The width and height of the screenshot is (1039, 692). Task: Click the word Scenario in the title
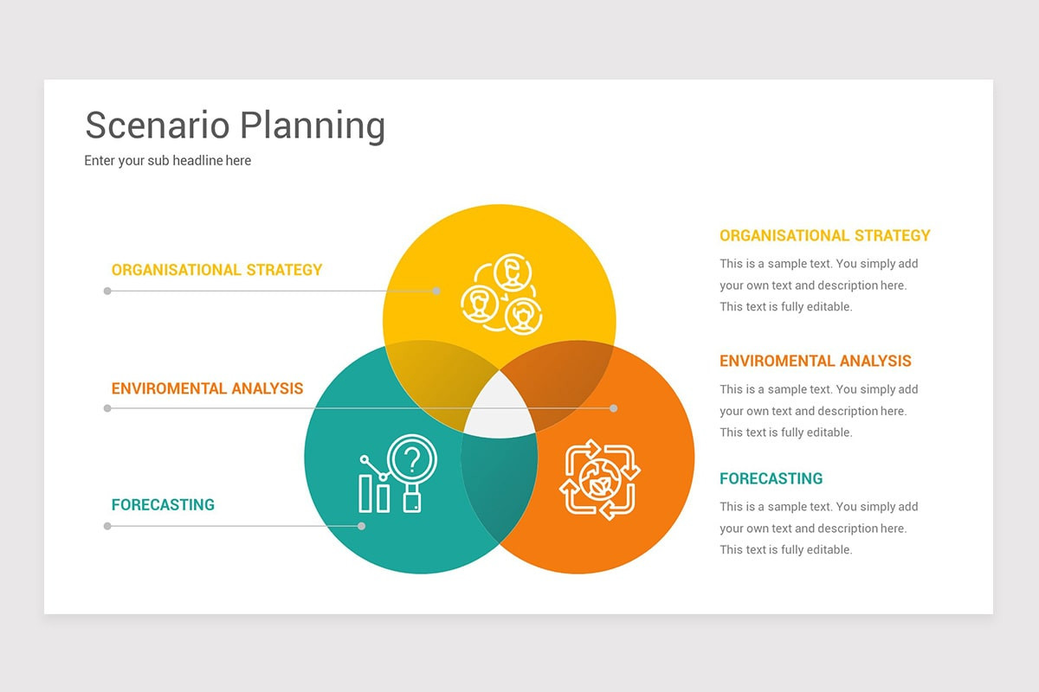click(x=158, y=125)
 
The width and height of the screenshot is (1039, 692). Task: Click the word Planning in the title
click(x=313, y=126)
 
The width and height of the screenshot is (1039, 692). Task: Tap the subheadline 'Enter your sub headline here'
click(x=167, y=160)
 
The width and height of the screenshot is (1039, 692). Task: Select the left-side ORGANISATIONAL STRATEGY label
click(x=216, y=270)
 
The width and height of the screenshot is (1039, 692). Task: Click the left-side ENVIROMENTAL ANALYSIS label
click(x=207, y=388)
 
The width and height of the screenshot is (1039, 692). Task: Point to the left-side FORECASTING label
click(x=163, y=505)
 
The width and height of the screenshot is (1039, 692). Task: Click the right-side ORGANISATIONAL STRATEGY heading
click(x=824, y=235)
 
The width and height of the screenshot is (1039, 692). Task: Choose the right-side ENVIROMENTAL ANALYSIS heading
click(x=816, y=361)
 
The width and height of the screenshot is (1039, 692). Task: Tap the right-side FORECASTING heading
click(x=771, y=478)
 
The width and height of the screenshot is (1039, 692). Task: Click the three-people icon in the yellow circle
click(x=501, y=294)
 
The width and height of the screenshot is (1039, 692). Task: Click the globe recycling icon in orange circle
click(x=600, y=480)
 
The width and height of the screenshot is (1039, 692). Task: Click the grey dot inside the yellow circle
click(x=436, y=292)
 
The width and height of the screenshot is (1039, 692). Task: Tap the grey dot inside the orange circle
click(x=613, y=408)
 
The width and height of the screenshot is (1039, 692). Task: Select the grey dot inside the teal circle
click(x=361, y=526)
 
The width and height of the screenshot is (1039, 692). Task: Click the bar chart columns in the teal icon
click(x=374, y=494)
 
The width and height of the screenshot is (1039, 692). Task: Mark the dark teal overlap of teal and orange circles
click(x=500, y=487)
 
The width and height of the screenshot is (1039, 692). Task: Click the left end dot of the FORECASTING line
click(x=107, y=526)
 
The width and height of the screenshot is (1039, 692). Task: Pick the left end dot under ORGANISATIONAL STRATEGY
click(x=107, y=292)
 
